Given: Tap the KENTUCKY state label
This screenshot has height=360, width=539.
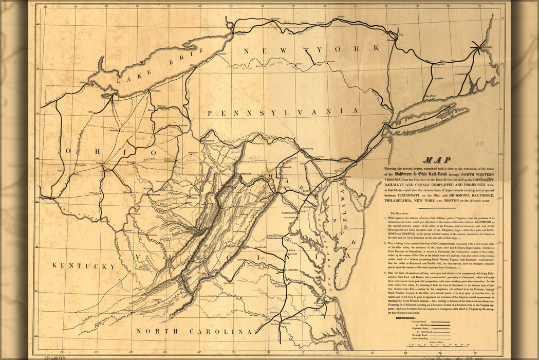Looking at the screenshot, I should [x=83, y=266].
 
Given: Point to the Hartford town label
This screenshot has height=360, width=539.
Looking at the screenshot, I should [x=438, y=79].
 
